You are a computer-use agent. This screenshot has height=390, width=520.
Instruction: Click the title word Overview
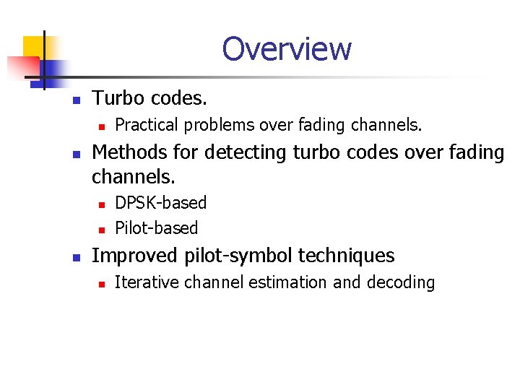click(287, 49)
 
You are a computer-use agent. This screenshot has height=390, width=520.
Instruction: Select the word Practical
click(147, 125)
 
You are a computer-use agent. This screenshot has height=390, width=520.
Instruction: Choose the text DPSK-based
click(160, 203)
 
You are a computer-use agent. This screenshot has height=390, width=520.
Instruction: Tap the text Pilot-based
click(156, 228)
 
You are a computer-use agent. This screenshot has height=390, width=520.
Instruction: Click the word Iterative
click(147, 282)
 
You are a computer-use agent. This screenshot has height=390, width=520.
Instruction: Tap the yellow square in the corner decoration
click(33, 46)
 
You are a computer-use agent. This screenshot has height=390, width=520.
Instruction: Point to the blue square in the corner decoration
click(45, 72)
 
